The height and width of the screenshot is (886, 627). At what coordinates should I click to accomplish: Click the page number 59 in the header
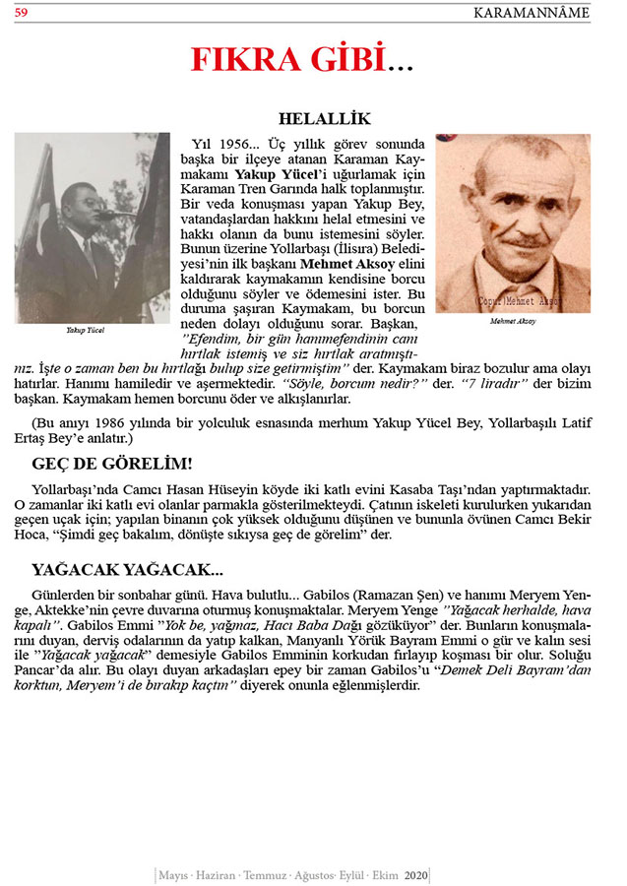(21, 13)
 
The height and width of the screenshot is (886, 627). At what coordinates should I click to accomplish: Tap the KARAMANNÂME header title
(532, 13)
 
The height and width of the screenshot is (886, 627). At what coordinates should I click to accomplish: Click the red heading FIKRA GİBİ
(302, 61)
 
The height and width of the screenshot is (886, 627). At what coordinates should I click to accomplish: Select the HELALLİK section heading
(324, 119)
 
